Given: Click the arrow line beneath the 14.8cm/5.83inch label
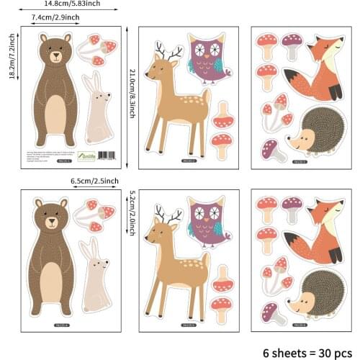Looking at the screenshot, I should tap(72, 10).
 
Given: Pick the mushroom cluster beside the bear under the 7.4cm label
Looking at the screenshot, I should tap(98, 50).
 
